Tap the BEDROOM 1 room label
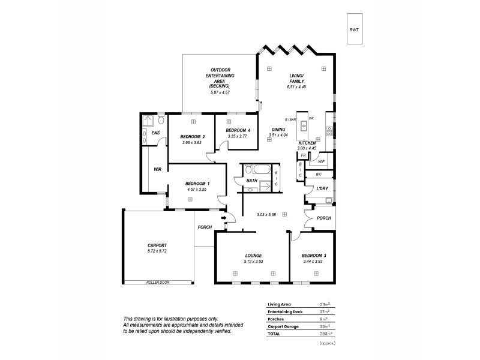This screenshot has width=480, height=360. click(x=197, y=183)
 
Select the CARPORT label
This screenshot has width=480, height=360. click(x=157, y=245)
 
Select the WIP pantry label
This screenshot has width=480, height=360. click(x=321, y=161)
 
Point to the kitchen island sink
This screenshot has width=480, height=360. click(x=304, y=126)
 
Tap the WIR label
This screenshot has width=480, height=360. click(x=157, y=170)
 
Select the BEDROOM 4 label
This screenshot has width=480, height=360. click(x=238, y=130)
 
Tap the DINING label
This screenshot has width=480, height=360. click(x=278, y=130)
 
